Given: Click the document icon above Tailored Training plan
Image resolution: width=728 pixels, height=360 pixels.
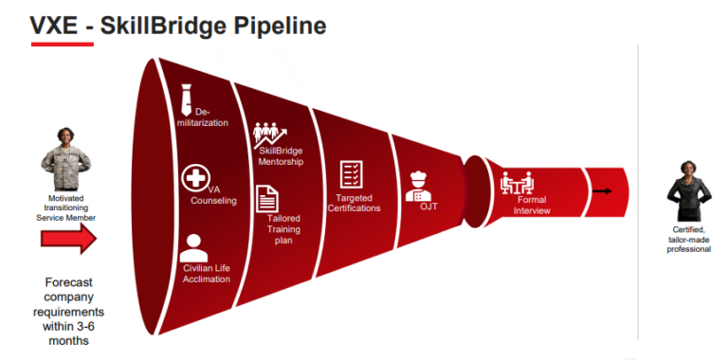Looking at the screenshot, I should [267, 198].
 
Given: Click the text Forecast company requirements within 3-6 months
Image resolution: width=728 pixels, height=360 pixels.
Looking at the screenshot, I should [68, 312].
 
